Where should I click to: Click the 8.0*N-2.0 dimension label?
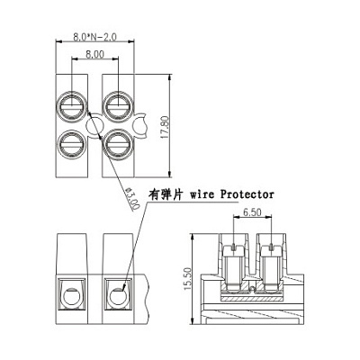[94, 37]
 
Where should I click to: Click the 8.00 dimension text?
[94, 54]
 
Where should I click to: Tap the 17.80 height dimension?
[165, 128]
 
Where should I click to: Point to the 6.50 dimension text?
[252, 212]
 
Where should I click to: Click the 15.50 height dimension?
[187, 279]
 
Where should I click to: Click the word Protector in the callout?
[247, 194]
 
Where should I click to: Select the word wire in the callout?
[202, 194]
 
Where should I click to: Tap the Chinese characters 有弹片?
[166, 194]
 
